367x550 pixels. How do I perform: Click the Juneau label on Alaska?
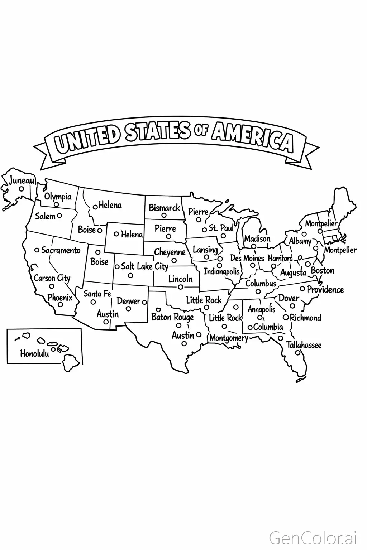(22, 180)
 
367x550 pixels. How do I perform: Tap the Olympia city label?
(58, 197)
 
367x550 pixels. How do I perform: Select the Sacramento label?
(61, 250)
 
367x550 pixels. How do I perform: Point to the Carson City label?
(52, 278)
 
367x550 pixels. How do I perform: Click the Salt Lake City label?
(144, 266)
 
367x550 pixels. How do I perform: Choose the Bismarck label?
(164, 208)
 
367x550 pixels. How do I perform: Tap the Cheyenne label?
(170, 252)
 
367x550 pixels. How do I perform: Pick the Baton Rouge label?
(172, 317)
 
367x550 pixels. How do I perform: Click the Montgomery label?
(228, 338)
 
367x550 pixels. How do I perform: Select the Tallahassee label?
(303, 345)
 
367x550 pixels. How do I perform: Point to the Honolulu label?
(34, 354)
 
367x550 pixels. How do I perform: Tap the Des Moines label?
(247, 258)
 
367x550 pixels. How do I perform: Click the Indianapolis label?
(221, 271)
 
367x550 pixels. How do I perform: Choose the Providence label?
(325, 289)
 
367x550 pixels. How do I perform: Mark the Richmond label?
(305, 318)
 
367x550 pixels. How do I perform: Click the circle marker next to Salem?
(59, 216)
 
